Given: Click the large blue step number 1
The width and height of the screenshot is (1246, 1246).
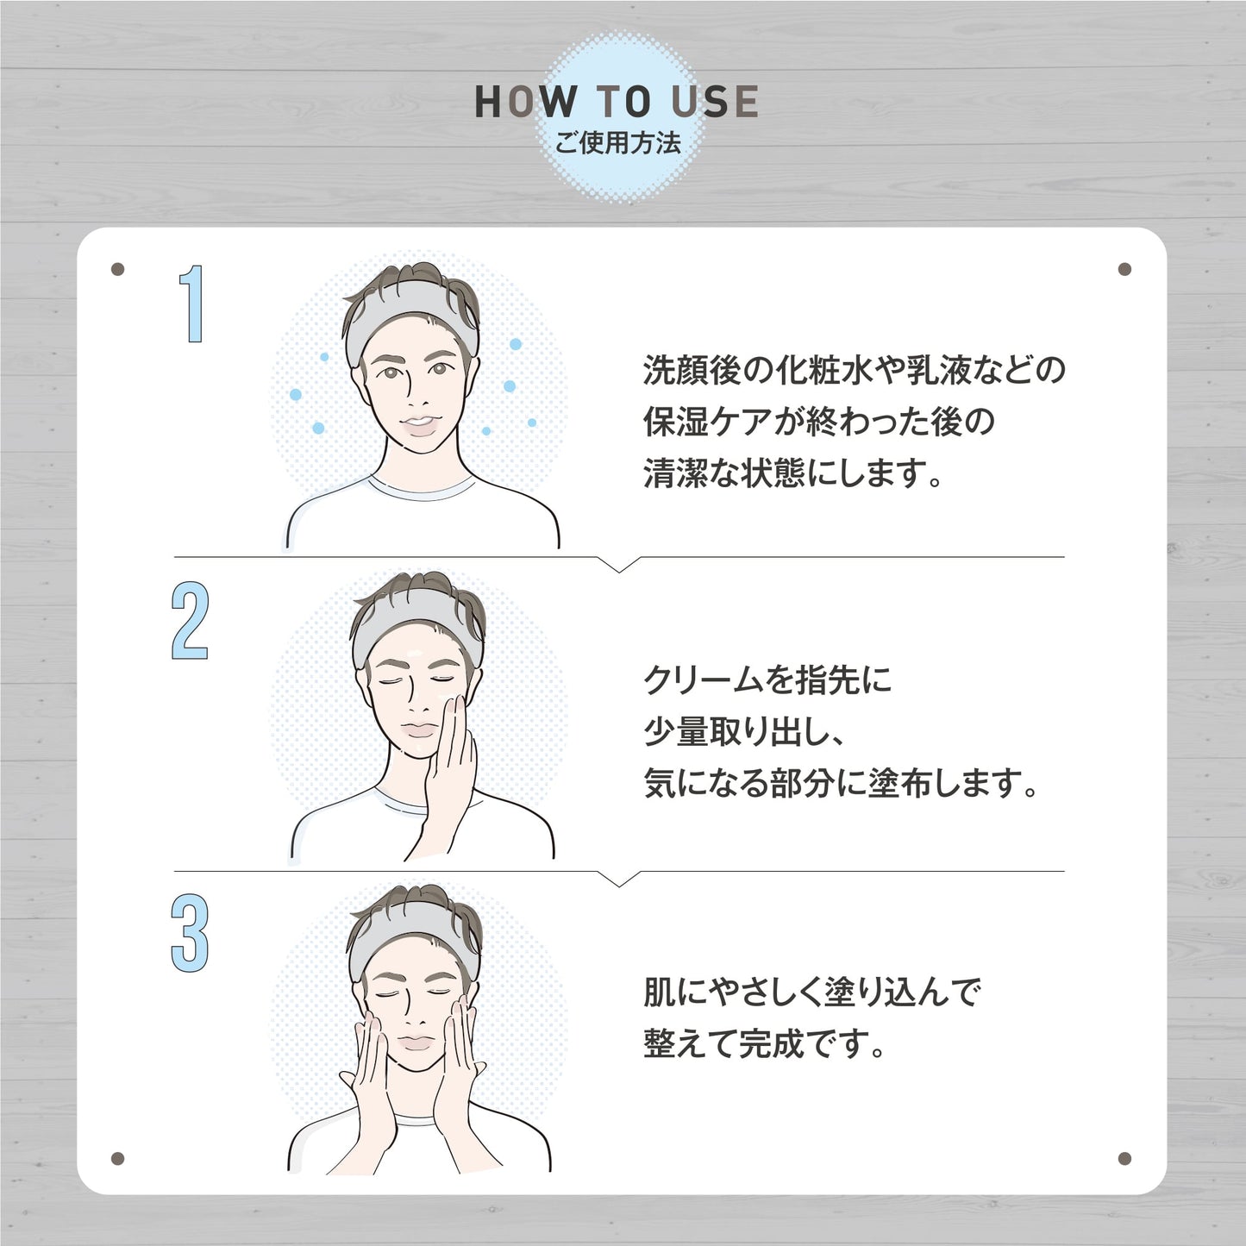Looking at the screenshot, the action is coord(192,304).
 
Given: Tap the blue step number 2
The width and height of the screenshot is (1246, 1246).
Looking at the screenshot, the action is coord(190,621).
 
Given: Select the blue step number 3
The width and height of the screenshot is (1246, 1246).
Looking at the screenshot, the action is coord(190,934).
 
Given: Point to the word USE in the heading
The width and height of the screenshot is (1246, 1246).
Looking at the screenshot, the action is coord(715,102).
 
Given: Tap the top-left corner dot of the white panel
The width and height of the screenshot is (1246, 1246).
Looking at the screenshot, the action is coord(117,269).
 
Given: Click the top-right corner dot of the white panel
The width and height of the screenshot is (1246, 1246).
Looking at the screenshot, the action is coord(1124,269).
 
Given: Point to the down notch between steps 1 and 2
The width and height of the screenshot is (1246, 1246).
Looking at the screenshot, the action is coord(619,565).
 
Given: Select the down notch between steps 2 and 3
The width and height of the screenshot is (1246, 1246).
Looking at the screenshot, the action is coord(619,879).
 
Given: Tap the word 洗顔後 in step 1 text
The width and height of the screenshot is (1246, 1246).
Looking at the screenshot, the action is coord(692,371).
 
